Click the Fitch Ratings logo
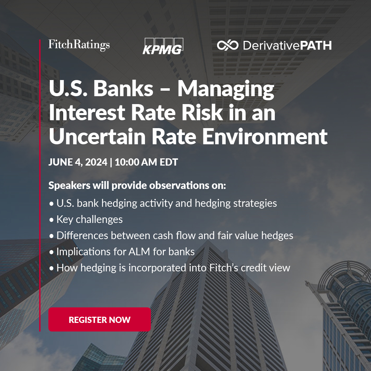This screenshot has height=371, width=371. click(x=79, y=45)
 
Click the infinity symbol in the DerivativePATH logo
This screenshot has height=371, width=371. click(x=228, y=45)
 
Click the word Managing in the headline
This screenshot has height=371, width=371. click(x=226, y=89)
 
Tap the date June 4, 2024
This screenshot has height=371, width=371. click(x=78, y=162)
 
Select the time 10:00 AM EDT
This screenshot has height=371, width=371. click(x=146, y=162)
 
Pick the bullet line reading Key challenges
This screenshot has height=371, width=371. click(x=89, y=219)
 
